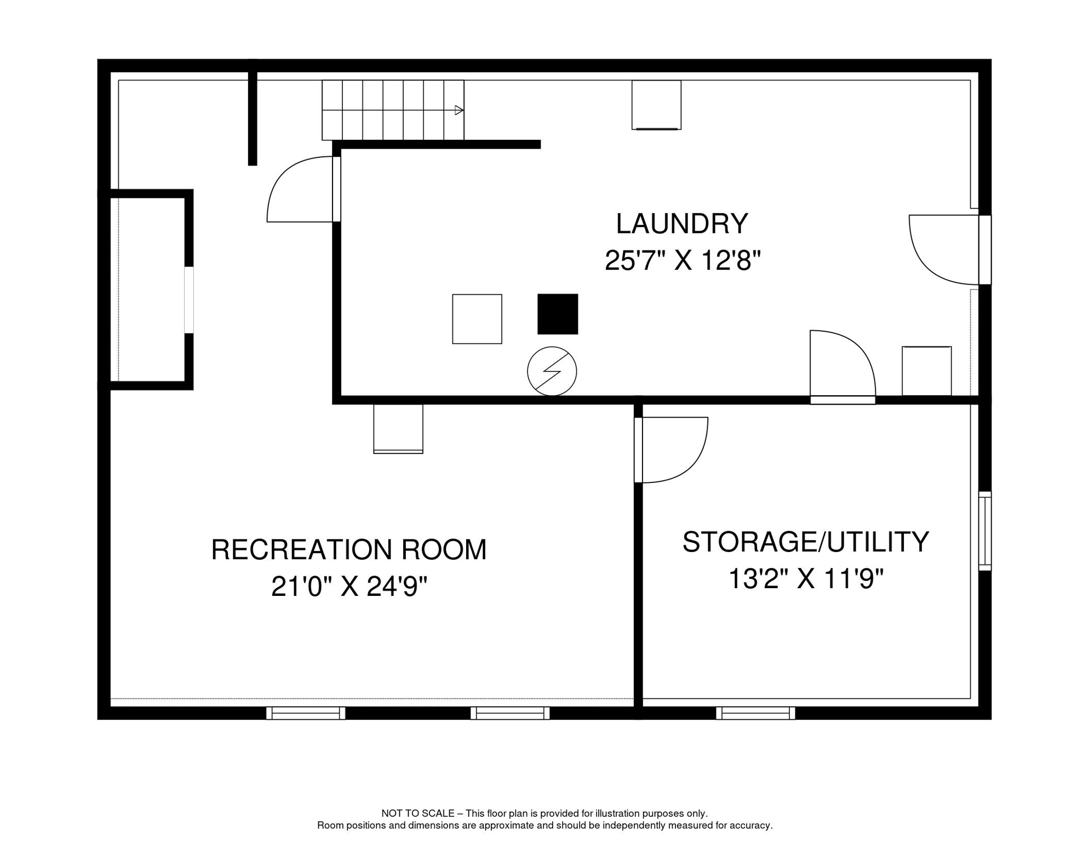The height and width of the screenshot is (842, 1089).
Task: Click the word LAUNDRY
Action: click(x=682, y=224)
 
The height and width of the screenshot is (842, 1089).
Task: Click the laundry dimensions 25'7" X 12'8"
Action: click(x=683, y=260)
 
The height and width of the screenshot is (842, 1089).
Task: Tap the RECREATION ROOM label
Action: click(x=349, y=550)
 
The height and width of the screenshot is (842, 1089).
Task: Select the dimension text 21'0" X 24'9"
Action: click(x=349, y=587)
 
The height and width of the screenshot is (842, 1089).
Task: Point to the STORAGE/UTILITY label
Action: click(x=805, y=542)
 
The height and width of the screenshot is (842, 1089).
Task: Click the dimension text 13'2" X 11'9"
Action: click(x=805, y=578)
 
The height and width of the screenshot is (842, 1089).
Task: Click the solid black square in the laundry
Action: click(x=558, y=314)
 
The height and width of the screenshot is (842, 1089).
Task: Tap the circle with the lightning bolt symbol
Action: click(x=552, y=371)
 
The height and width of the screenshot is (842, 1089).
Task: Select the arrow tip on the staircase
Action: click(x=459, y=110)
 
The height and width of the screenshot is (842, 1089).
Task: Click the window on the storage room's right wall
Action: click(x=984, y=531)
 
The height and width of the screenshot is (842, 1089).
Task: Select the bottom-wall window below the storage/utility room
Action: click(x=755, y=713)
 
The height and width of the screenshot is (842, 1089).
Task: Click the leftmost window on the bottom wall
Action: click(x=306, y=713)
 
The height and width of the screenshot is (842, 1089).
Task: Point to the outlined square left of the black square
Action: click(x=477, y=319)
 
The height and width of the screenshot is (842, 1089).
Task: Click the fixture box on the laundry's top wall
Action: click(x=656, y=105)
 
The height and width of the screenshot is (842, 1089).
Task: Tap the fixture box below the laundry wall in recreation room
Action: click(x=398, y=429)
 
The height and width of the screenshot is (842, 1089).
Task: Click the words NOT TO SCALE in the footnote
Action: click(x=417, y=813)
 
